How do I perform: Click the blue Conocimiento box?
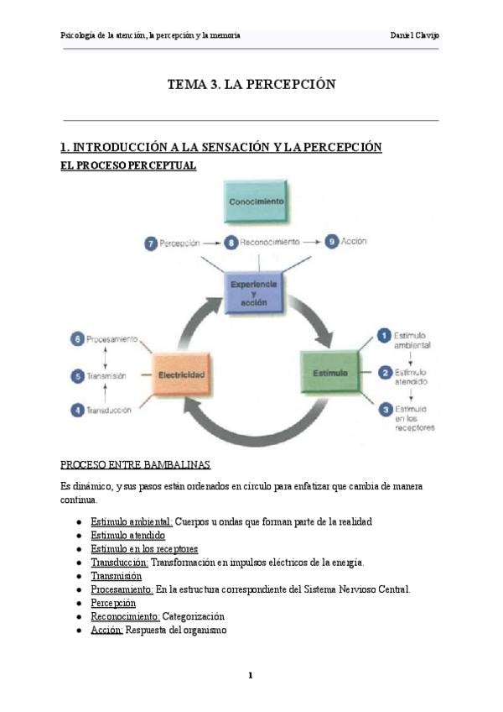(x=257, y=202)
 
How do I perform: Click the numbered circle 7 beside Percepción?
(x=151, y=243)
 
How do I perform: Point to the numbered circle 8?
(x=231, y=242)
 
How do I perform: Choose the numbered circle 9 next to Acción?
(x=332, y=241)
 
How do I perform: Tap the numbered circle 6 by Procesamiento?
(x=77, y=339)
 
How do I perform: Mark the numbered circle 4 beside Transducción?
(x=77, y=411)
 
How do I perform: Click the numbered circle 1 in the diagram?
(x=384, y=336)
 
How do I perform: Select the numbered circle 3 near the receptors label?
(x=384, y=409)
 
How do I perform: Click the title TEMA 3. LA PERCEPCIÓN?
(x=251, y=84)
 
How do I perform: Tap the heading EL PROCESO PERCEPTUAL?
(x=128, y=165)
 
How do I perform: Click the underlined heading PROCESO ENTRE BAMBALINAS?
(x=136, y=464)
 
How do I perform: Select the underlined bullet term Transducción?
(x=119, y=562)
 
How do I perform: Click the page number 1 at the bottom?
(x=251, y=675)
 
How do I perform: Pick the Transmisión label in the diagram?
(x=107, y=376)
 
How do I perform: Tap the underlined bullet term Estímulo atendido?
(x=127, y=535)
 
